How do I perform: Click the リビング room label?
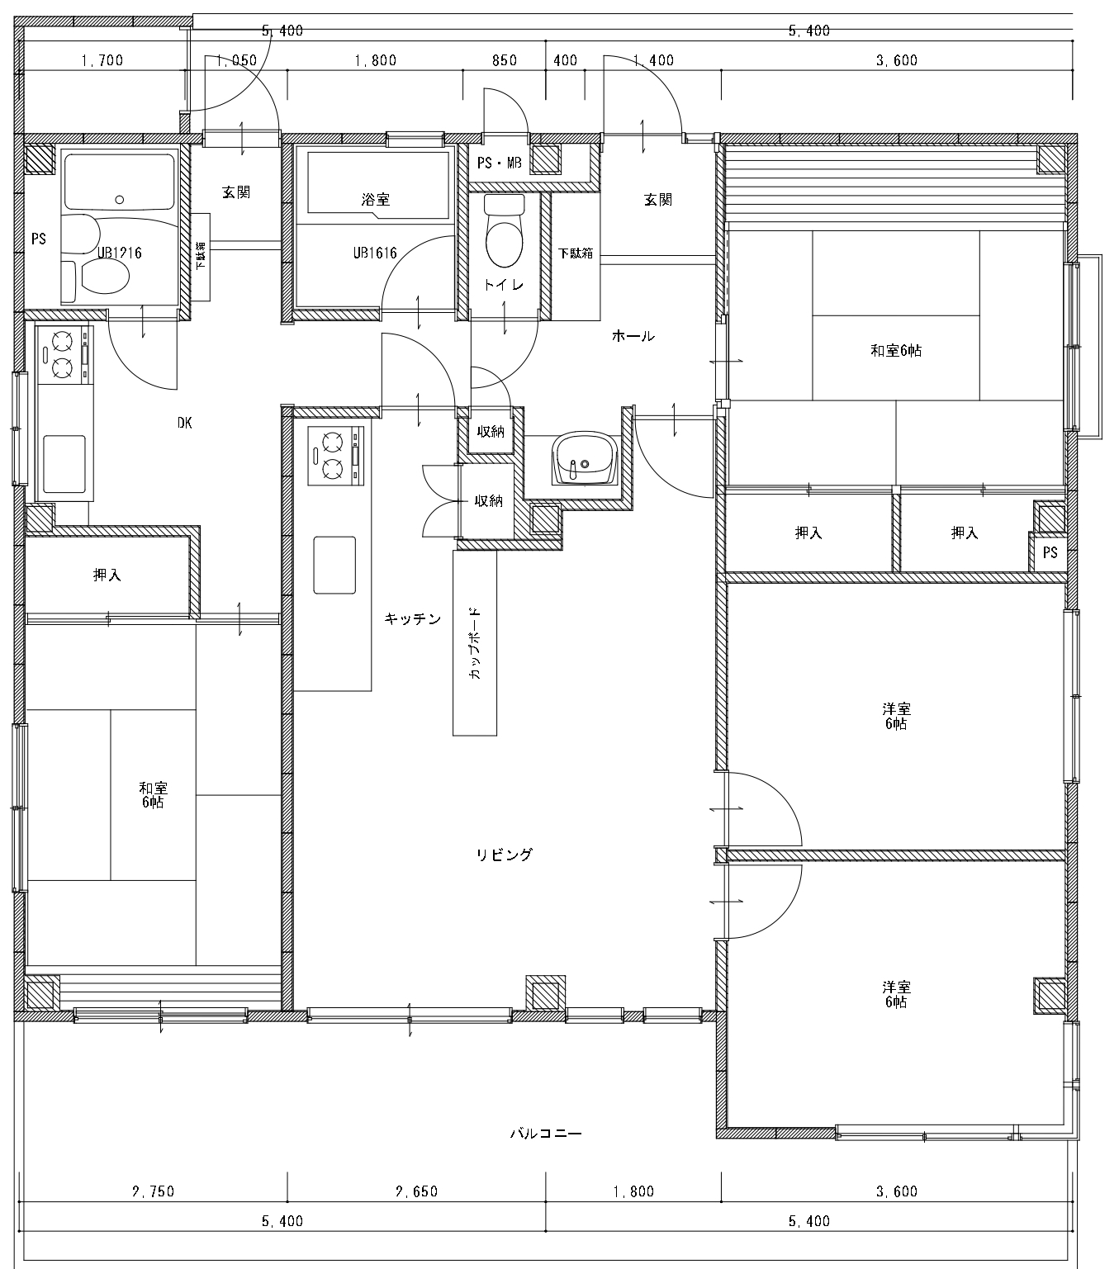tap(504, 855)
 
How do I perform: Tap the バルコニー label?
tap(546, 1133)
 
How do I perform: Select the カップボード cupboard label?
tap(474, 642)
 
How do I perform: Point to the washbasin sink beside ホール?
tap(585, 458)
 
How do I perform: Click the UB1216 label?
tap(119, 253)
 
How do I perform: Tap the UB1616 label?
tap(375, 253)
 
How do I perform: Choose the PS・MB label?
tap(499, 163)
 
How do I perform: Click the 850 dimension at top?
tap(505, 61)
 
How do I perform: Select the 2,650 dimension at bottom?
tap(417, 1191)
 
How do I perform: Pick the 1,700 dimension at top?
tap(102, 61)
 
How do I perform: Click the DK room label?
tap(184, 423)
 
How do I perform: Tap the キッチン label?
tap(412, 619)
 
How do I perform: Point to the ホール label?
tap(633, 336)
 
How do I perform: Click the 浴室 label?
tap(375, 200)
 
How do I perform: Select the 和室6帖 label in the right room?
tap(896, 350)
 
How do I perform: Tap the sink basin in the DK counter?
tap(64, 464)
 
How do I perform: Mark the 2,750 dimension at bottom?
tap(154, 1191)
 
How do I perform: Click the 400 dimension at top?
tap(565, 61)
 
